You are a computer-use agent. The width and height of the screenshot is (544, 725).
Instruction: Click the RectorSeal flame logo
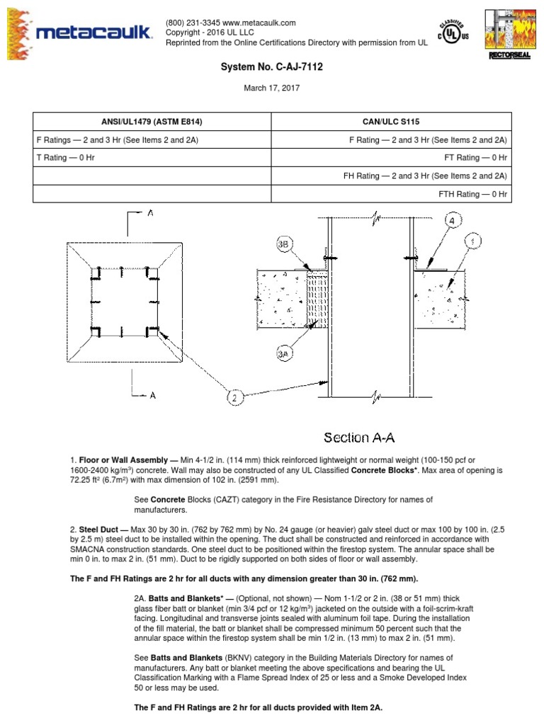[509, 34]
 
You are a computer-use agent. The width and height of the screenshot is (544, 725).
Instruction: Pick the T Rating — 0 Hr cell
[65, 158]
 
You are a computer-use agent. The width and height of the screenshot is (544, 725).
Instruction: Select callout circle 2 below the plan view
[235, 398]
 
